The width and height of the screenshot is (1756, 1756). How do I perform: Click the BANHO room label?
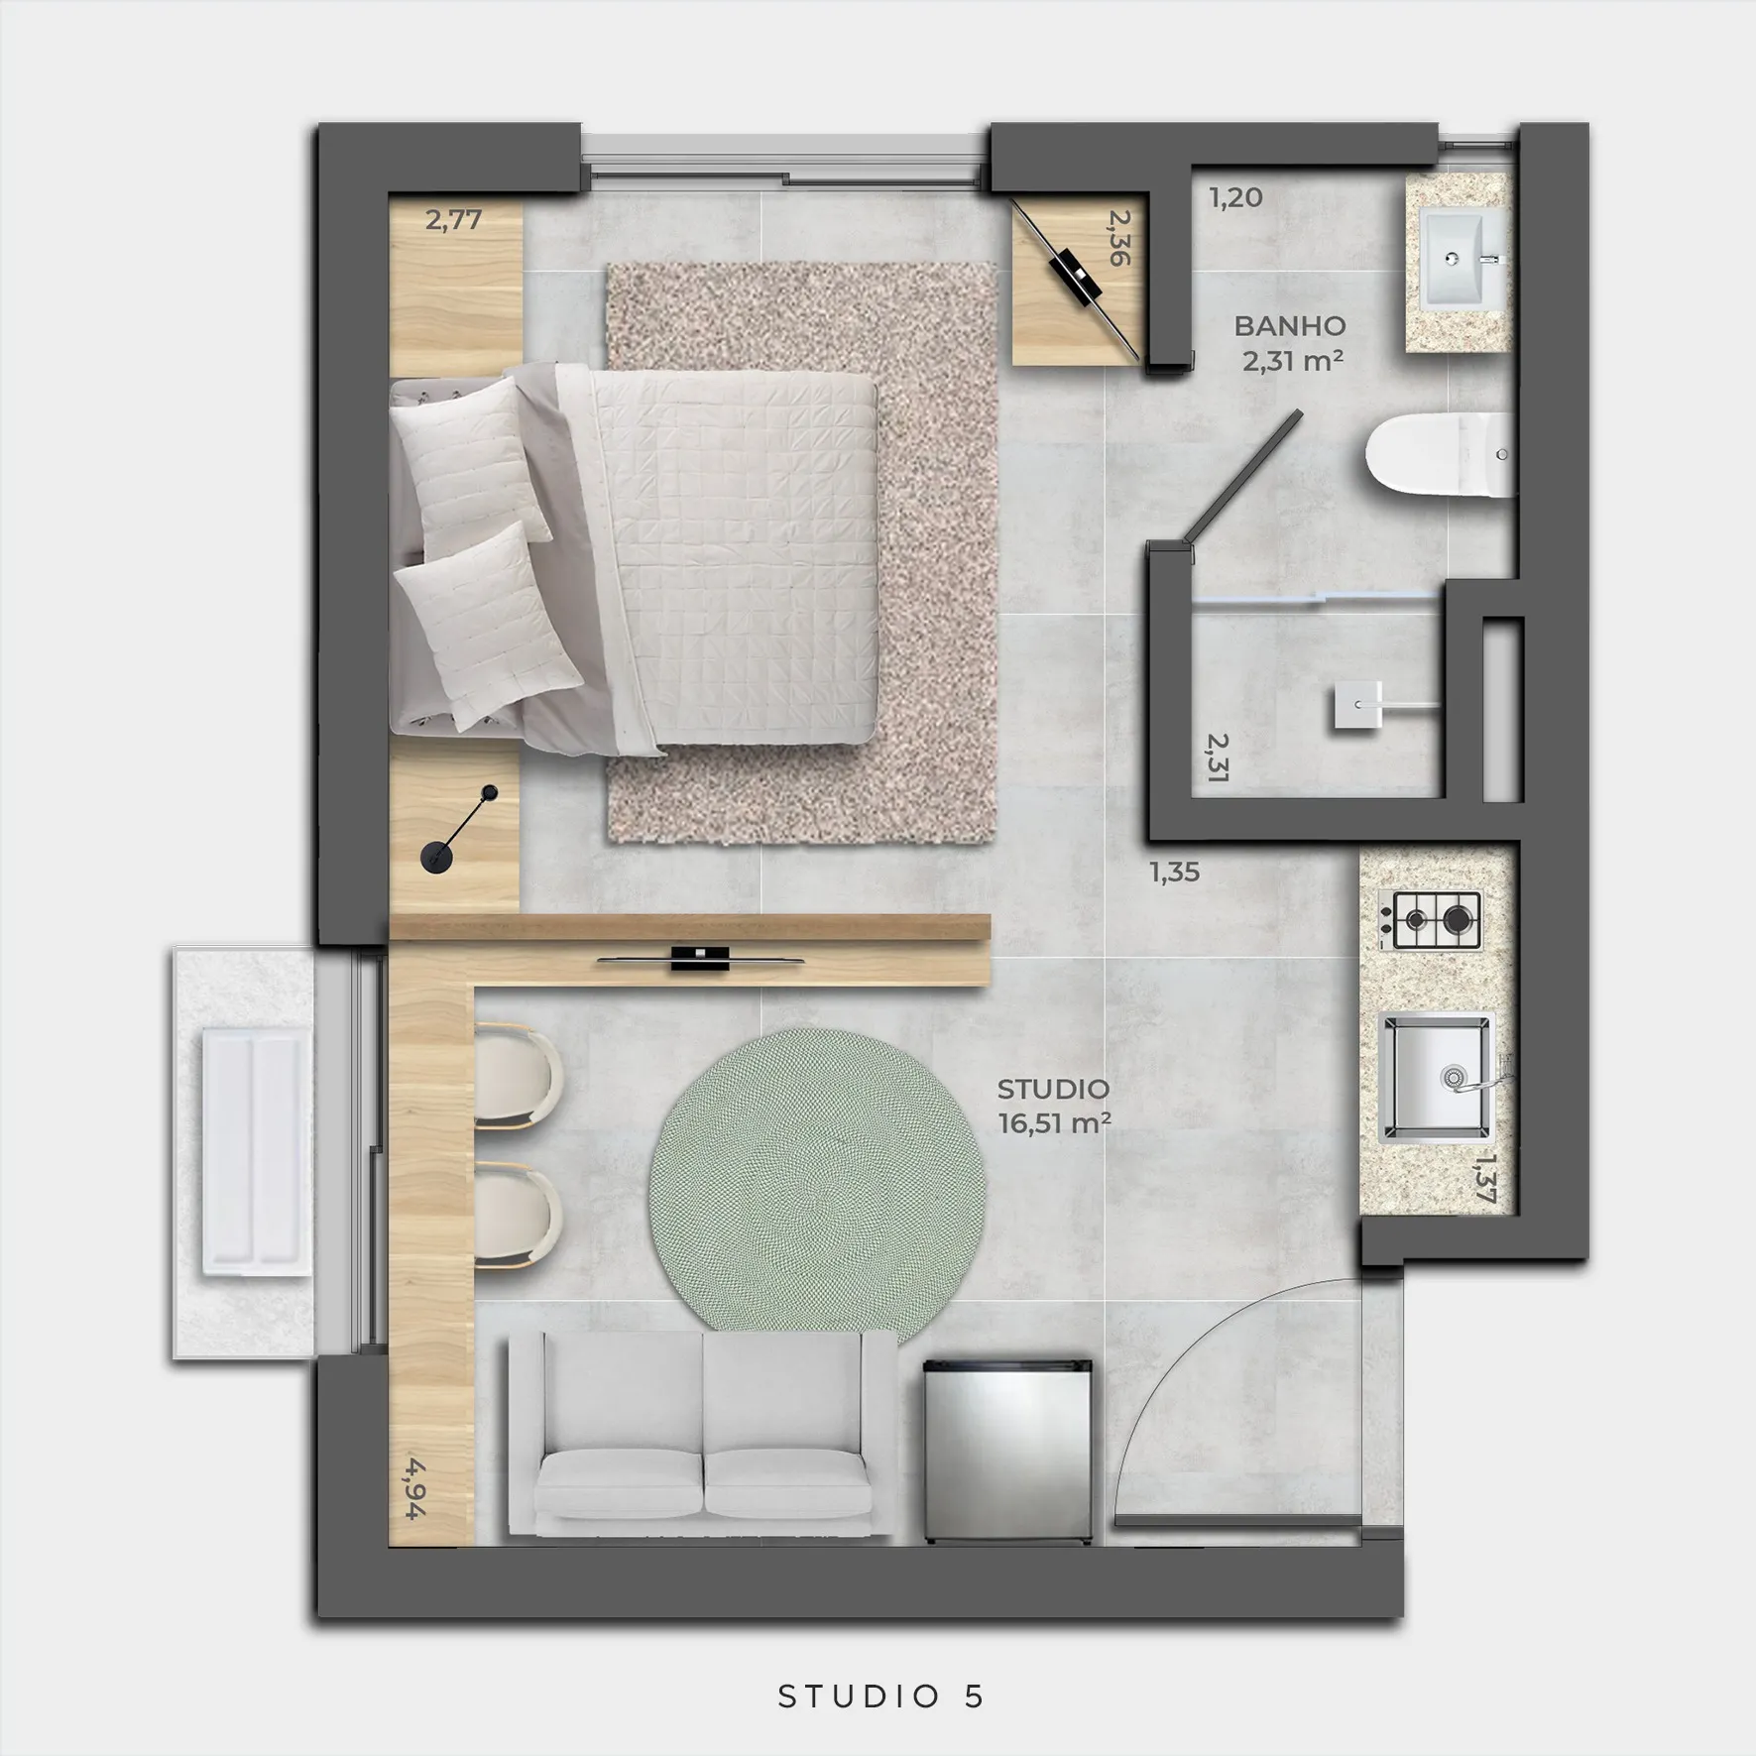point(1289,325)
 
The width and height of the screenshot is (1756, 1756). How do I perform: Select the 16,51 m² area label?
point(1054,1123)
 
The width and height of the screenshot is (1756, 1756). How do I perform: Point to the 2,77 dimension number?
point(453,220)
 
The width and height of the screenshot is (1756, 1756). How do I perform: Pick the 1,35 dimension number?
point(1174,872)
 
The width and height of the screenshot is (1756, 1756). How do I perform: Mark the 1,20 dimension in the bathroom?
point(1235,197)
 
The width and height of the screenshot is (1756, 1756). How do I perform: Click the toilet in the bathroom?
point(1439,455)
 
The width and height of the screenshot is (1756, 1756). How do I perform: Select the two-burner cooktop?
point(1430,919)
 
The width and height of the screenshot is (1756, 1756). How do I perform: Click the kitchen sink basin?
point(1437,1077)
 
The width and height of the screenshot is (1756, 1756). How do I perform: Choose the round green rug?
point(817,1180)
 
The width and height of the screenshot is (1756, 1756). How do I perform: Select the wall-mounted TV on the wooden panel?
point(700,959)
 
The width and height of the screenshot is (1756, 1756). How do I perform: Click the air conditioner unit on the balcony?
point(253,1151)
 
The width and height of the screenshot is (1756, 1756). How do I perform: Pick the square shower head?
point(1357,705)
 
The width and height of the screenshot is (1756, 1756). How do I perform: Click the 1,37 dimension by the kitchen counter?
point(1484,1177)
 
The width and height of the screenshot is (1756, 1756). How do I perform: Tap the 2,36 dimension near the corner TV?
point(1119,237)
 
